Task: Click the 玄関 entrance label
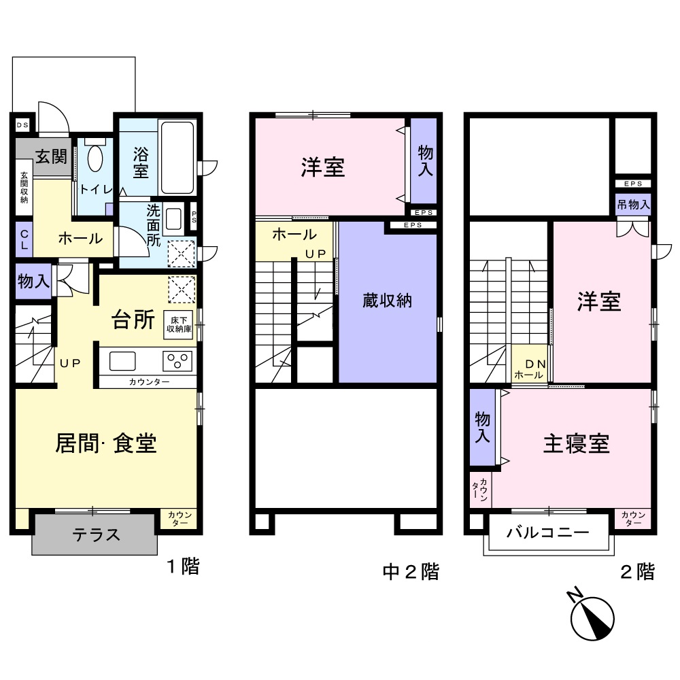50,157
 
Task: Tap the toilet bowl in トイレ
94,159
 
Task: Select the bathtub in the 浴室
177,157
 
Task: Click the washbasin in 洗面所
173,220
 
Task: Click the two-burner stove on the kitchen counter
179,360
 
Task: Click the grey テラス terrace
95,534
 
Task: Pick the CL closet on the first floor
23,240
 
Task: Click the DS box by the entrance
22,124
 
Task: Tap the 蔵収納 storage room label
387,301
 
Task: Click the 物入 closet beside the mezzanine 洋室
424,160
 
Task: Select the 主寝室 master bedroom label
575,443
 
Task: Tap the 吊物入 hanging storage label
633,204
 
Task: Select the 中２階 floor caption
411,571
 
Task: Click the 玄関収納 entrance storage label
24,187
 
